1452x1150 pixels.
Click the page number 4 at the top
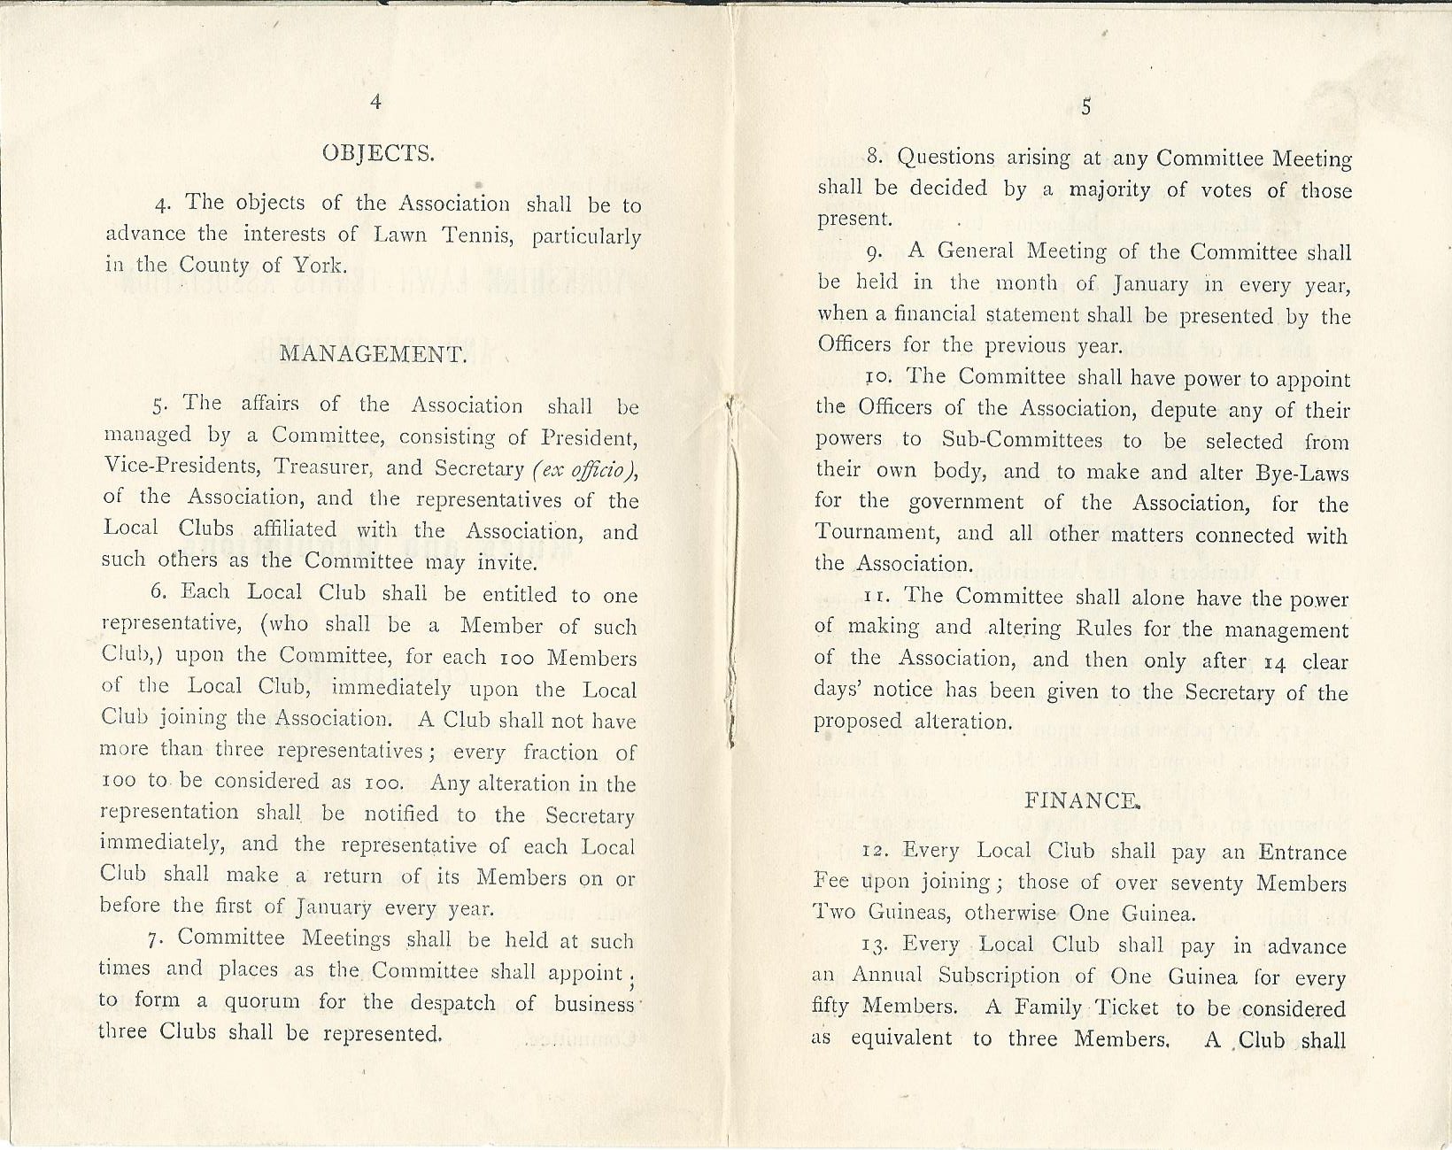[x=375, y=102]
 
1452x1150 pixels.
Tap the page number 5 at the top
[x=1085, y=106]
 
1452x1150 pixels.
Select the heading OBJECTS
[x=377, y=153]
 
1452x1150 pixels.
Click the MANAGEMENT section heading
[x=373, y=355]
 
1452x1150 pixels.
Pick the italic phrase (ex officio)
[x=584, y=468]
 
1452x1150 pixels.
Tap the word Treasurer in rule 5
[x=315, y=467]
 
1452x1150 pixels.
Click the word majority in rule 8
[x=1109, y=189]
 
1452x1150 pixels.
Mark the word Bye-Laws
[x=1302, y=473]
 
